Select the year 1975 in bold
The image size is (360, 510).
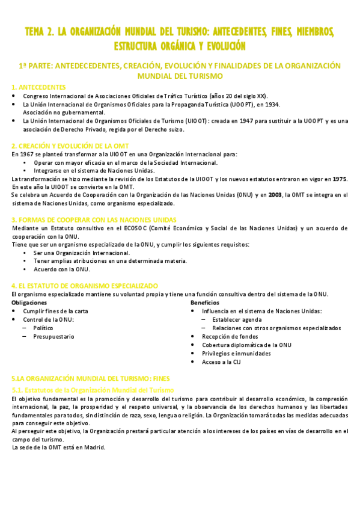[340, 179]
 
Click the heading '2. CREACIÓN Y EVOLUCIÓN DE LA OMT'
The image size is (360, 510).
[70, 146]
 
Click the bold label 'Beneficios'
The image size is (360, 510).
[205, 303]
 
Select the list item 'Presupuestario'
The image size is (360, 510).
[53, 337]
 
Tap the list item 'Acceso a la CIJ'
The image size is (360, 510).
[221, 362]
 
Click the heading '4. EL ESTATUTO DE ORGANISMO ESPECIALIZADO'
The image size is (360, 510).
[85, 286]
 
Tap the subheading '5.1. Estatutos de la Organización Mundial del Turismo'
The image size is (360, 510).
[89, 390]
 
